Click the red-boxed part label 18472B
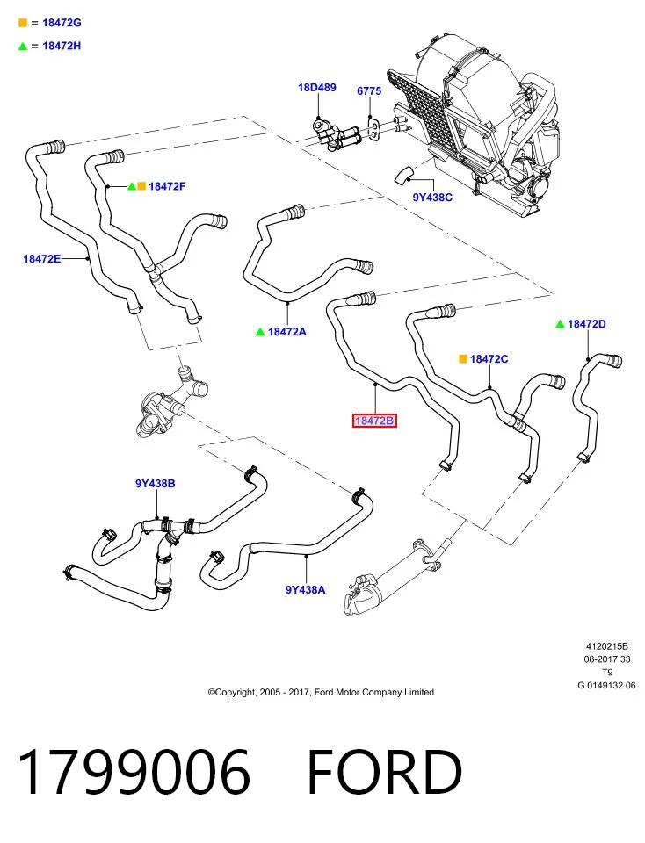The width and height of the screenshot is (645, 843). pos(374,421)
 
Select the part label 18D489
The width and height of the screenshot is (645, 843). pos(317,87)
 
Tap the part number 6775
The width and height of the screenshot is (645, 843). pos(369,90)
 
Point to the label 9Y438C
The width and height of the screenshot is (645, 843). pos(432,198)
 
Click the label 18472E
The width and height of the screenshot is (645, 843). pos(42,258)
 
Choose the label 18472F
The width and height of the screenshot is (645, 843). pos(167,186)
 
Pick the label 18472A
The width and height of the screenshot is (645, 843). pos(286,332)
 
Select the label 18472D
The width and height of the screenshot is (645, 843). pos(586,324)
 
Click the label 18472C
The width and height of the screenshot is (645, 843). pos(489,358)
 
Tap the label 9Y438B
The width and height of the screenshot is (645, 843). pos(155,483)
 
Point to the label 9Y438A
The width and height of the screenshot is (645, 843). pos(305,590)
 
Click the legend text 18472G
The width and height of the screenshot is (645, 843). pos(62,23)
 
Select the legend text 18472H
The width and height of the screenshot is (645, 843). pos(62,46)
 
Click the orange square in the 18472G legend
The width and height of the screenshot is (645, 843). pos(23,23)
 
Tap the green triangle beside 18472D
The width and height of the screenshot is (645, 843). pos(560,324)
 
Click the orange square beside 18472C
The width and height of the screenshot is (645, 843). pos(462,358)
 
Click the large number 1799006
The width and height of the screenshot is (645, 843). pos(134,772)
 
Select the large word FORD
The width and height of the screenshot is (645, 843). pos(385,772)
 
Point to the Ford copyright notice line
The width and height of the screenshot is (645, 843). pos(321,692)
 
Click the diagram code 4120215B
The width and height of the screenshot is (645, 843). pos(607,646)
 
